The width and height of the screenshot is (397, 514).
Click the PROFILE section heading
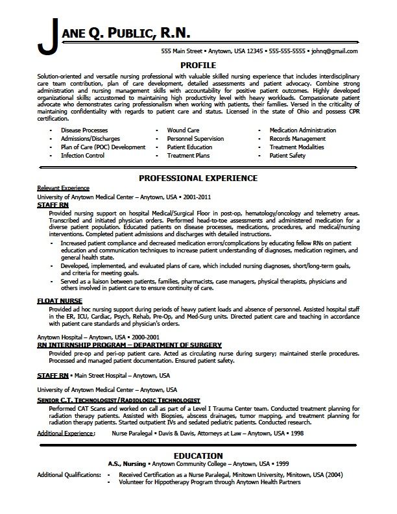(198, 65)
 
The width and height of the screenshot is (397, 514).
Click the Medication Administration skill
(302, 130)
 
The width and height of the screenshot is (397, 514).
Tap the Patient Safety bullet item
(287, 156)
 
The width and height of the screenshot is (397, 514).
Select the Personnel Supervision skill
(195, 138)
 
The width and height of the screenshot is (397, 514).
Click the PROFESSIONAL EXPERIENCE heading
(198, 178)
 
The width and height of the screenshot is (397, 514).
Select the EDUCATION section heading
(198, 455)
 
